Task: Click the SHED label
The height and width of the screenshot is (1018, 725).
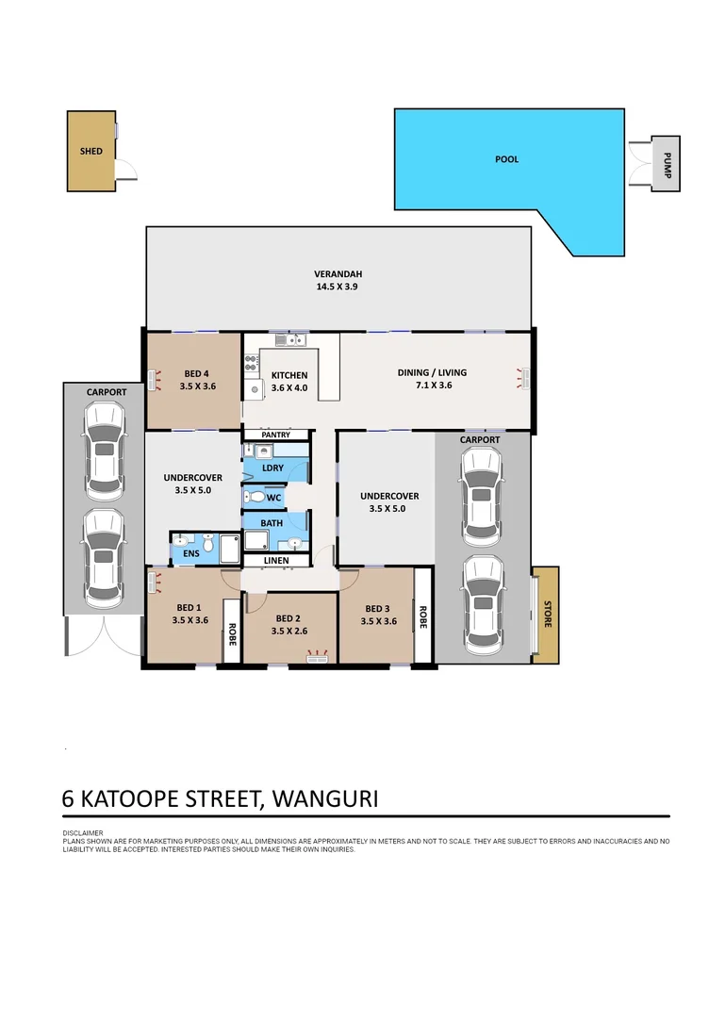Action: (x=91, y=151)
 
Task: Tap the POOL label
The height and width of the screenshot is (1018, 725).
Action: (x=507, y=159)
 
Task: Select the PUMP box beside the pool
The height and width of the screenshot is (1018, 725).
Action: (x=666, y=163)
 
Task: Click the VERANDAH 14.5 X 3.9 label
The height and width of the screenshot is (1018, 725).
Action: (x=338, y=281)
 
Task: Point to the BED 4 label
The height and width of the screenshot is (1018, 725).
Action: (x=197, y=379)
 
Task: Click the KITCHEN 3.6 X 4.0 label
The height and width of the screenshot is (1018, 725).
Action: (x=289, y=382)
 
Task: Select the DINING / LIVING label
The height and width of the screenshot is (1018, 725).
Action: (x=432, y=379)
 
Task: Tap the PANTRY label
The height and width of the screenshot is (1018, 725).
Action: (x=275, y=435)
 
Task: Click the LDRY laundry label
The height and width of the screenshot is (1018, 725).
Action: (x=272, y=468)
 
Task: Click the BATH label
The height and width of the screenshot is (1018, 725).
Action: (x=272, y=522)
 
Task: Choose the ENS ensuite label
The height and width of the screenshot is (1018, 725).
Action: (x=191, y=552)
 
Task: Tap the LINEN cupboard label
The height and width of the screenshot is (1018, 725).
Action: (x=275, y=561)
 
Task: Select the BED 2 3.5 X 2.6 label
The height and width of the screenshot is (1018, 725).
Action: (x=289, y=626)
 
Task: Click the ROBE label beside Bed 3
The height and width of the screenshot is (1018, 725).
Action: (x=423, y=616)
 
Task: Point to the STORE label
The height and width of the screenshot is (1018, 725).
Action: (x=546, y=614)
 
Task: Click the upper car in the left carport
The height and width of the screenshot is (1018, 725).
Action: (x=103, y=451)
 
